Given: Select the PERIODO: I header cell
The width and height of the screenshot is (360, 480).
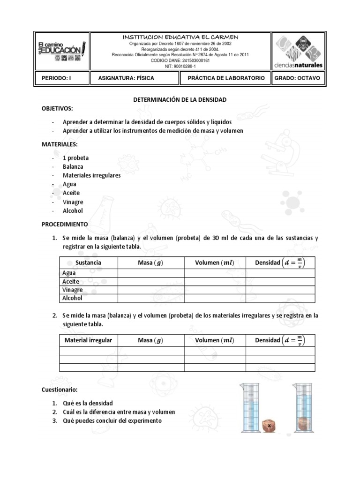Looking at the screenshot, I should [61, 78].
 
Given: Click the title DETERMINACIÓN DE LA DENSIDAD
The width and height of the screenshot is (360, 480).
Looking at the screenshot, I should [180, 100].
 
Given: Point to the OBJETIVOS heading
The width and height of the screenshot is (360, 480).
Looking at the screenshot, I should [57, 109].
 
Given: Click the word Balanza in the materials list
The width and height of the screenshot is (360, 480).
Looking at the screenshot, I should [73, 166].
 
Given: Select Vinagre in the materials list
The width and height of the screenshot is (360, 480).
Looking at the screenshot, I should [73, 202].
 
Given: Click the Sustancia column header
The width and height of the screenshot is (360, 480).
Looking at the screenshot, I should [88, 262].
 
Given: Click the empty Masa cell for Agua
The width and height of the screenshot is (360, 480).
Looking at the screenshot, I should [150, 273].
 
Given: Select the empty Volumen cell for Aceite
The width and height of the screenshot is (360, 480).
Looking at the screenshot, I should [215, 282].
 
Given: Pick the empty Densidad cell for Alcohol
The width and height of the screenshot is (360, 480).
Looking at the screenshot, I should [280, 298].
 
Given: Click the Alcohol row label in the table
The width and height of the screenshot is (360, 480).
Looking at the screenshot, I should [72, 298].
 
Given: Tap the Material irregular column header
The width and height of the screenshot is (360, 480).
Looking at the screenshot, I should [88, 340].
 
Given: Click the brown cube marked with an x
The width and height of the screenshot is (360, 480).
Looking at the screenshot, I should [270, 426].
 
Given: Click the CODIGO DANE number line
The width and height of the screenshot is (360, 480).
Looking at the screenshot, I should [180, 60].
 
